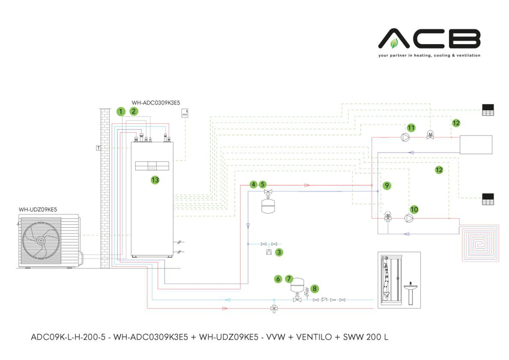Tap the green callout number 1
[x=120, y=111]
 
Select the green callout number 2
[x=133, y=111]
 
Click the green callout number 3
[x=279, y=252]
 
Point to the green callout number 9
[x=386, y=185]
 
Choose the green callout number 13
[x=154, y=180]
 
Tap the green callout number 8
[x=314, y=288]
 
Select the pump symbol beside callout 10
[x=408, y=217]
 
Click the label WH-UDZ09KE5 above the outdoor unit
[x=38, y=209]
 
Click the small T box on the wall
[x=98, y=148]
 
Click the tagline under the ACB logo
[x=429, y=55]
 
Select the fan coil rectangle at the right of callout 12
[x=476, y=145]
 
